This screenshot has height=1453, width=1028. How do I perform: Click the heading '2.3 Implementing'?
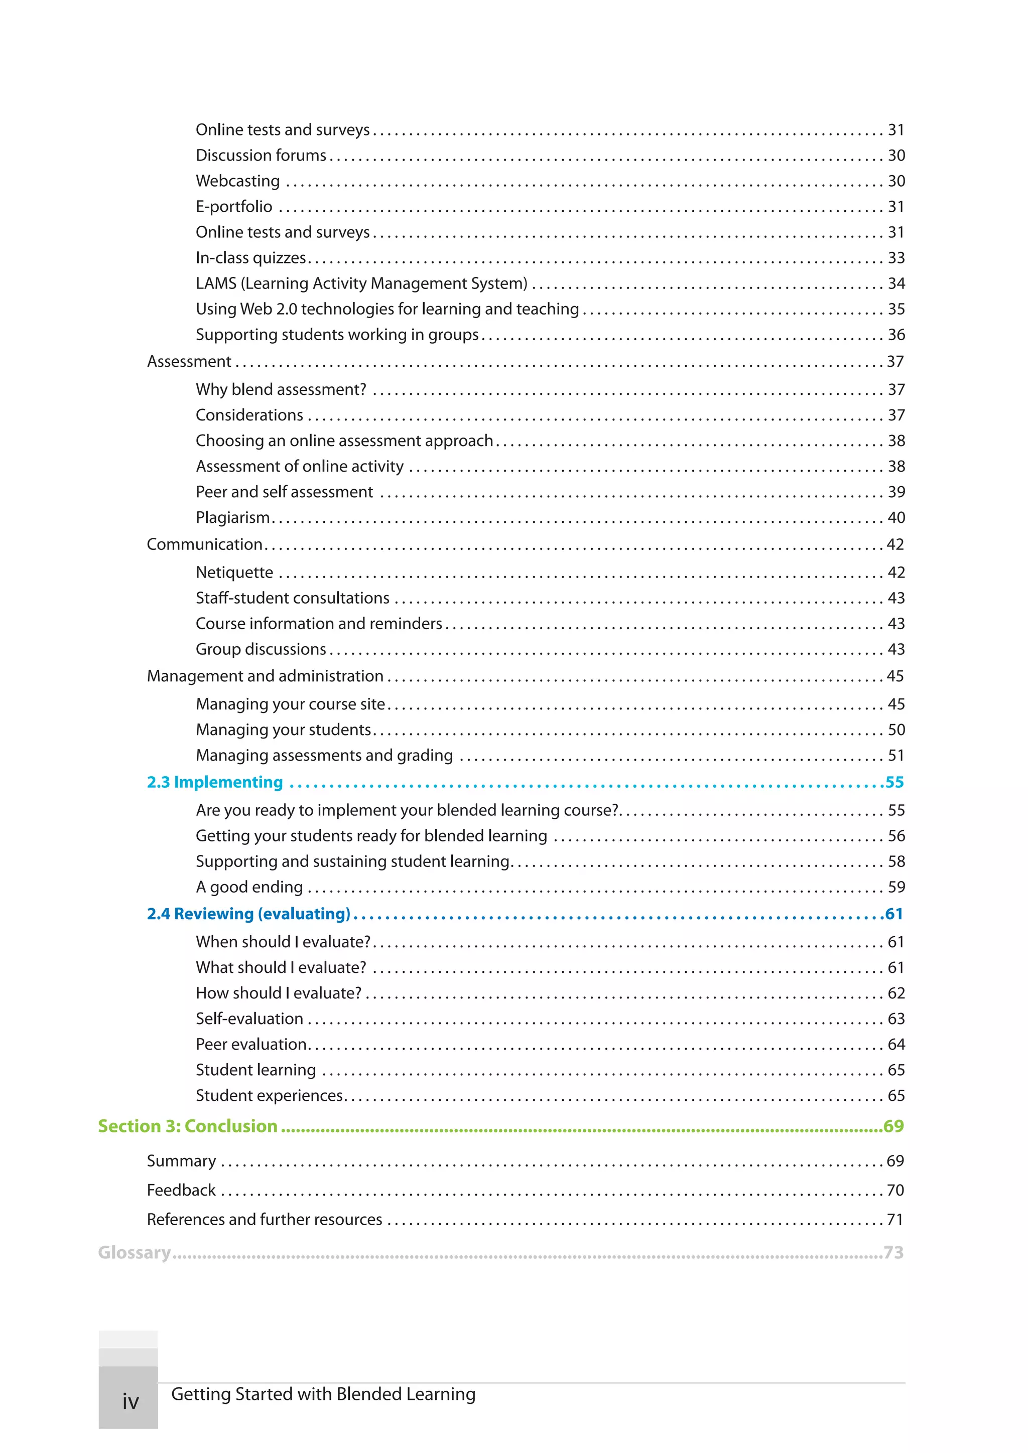pyautogui.click(x=215, y=782)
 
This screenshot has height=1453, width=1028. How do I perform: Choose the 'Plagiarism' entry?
pyautogui.click(x=232, y=518)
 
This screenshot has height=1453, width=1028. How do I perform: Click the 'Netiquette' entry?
pyautogui.click(x=234, y=572)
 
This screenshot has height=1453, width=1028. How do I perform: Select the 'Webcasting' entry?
pyautogui.click(x=237, y=181)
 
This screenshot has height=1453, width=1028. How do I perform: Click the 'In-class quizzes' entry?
pyautogui.click(x=250, y=258)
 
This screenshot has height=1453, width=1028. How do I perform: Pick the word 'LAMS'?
pyautogui.click(x=216, y=283)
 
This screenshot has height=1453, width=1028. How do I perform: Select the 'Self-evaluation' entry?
pyautogui.click(x=249, y=1019)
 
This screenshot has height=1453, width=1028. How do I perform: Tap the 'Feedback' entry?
pyautogui.click(x=181, y=1191)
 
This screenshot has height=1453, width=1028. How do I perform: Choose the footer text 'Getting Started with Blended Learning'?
pyautogui.click(x=323, y=1394)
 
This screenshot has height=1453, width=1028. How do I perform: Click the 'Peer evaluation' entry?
pyautogui.click(x=250, y=1044)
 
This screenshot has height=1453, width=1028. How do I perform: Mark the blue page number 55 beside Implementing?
pyautogui.click(x=894, y=782)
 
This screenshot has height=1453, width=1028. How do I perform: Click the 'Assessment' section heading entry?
pyautogui.click(x=189, y=361)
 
